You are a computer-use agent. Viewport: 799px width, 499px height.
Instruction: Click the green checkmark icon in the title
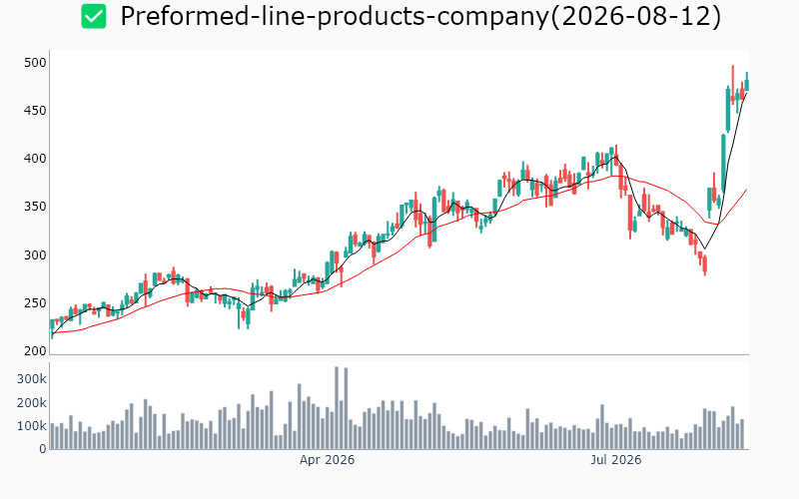(94, 16)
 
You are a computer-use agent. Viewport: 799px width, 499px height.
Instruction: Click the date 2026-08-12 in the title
(636, 16)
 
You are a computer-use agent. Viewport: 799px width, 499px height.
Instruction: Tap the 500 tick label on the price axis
(35, 63)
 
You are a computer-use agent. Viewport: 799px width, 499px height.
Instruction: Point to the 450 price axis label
(35, 111)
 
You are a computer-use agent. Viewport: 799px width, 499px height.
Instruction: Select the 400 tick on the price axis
(35, 159)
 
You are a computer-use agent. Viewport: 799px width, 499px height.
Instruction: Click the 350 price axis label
(35, 207)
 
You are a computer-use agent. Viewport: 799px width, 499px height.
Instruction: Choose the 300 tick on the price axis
(35, 255)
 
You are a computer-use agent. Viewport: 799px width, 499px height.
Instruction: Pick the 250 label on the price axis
(35, 303)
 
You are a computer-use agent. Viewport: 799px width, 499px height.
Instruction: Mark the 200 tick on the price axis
(35, 351)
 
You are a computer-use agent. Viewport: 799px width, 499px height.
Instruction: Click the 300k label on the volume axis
(32, 379)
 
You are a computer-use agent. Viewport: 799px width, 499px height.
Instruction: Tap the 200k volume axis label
(32, 403)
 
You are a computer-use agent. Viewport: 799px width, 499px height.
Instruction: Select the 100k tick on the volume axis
(32, 426)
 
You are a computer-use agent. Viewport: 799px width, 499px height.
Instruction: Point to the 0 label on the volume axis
(43, 449)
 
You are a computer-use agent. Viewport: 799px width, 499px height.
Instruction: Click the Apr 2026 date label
(327, 460)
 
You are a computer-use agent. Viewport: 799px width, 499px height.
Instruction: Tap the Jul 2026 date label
(615, 460)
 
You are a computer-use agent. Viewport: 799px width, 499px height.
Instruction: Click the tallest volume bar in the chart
(337, 408)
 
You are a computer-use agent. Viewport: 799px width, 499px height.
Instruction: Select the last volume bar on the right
(742, 434)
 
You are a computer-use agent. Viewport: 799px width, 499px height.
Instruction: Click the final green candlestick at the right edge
(747, 85)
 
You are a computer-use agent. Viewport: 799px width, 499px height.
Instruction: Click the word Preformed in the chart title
(185, 16)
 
